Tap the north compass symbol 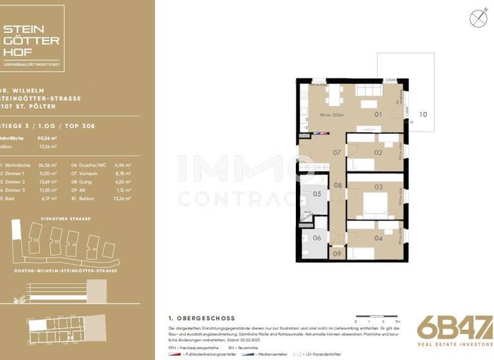[478, 18]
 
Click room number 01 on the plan [378, 114]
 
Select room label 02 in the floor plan [378, 152]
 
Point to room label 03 [379, 187]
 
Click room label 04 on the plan [378, 239]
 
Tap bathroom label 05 [316, 194]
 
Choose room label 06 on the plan [316, 237]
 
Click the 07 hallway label [336, 153]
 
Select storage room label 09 [337, 254]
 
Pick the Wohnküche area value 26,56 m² [48, 165]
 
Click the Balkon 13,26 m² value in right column [120, 199]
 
